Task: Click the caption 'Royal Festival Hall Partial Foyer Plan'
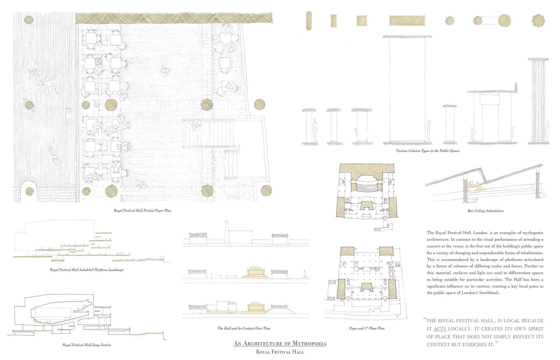[x=142, y=211]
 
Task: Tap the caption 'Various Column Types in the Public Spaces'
[x=428, y=151]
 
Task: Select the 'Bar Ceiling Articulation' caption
[x=485, y=211]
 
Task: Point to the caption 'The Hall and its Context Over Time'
[x=244, y=328]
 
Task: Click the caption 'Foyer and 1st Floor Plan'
[x=367, y=328]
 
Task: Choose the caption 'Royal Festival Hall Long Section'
[x=86, y=345]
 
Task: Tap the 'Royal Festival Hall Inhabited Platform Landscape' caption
[x=86, y=270]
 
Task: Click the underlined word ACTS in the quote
[x=440, y=329]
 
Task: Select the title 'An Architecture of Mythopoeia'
[x=280, y=344]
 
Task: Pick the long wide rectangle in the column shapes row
[x=407, y=21]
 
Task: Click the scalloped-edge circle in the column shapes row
[x=538, y=21]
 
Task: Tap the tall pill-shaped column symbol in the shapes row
[x=309, y=21]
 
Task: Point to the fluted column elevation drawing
[x=538, y=101]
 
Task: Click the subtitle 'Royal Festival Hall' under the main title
[x=280, y=352]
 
